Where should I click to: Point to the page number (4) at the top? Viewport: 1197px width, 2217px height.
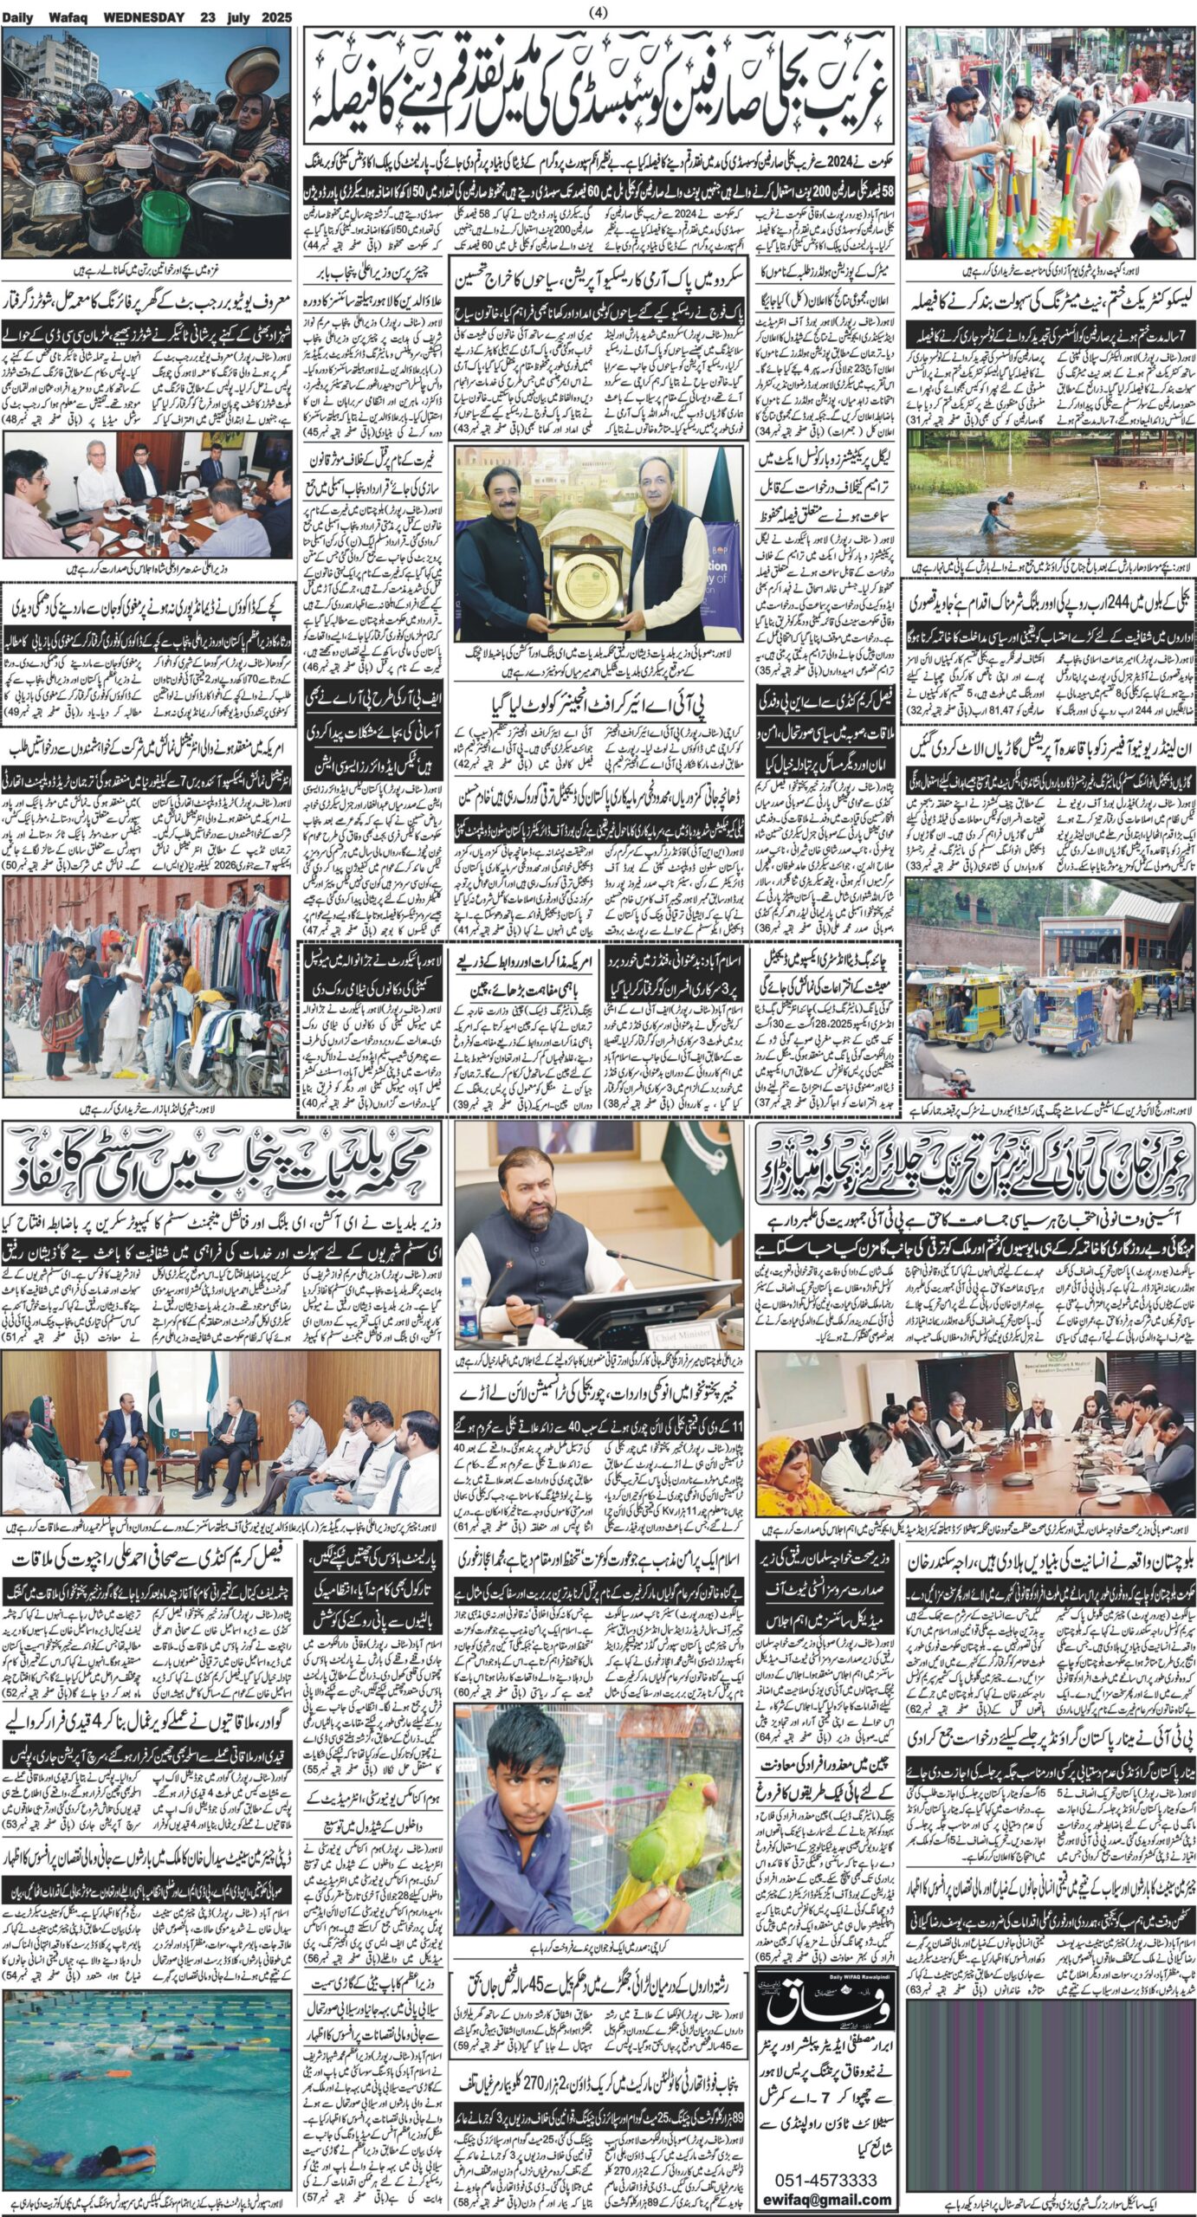(598, 12)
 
